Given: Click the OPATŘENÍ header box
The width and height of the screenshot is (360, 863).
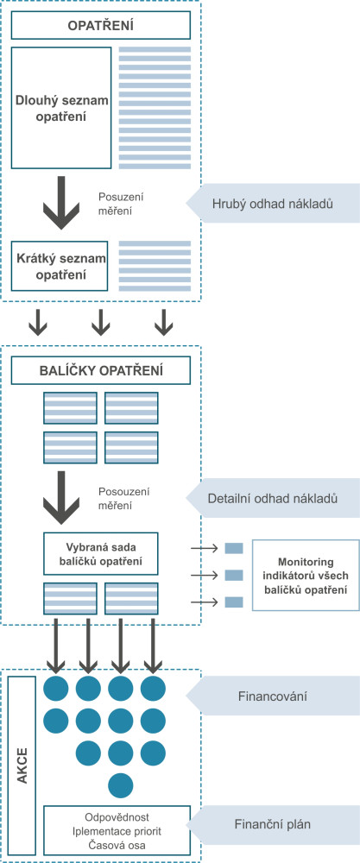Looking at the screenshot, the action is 101,25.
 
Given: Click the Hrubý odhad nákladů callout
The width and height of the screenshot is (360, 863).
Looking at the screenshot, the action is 273,204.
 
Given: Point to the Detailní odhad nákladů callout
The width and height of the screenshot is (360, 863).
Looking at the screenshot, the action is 273,498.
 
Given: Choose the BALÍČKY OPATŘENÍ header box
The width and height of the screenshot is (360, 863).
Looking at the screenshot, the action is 101,370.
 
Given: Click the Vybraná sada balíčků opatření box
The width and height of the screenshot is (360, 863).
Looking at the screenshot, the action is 101,553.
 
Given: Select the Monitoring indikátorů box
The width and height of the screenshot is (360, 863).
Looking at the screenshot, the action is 306,575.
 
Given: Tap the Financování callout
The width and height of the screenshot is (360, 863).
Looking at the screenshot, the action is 273,696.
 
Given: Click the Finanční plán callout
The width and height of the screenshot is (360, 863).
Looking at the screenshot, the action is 273,824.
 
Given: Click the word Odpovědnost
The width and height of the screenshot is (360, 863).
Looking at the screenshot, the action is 117,816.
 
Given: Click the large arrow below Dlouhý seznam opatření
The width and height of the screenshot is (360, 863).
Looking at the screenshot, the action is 61,201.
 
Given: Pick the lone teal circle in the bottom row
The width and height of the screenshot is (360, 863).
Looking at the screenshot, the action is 121,784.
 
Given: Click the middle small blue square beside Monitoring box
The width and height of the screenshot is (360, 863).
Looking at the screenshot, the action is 234,575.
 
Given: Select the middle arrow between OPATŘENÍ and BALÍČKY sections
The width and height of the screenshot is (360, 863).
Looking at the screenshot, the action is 100,323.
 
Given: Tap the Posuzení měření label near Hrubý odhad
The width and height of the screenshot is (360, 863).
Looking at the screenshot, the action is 123,203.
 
